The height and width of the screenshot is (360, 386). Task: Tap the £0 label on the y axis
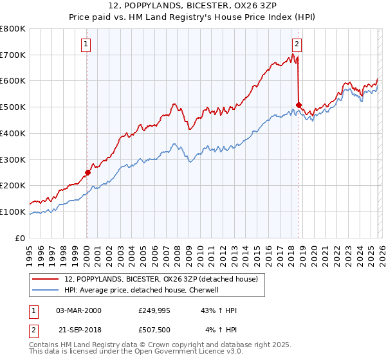pyautogui.click(x=21, y=238)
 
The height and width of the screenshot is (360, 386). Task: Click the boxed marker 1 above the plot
pyautogui.click(x=86, y=44)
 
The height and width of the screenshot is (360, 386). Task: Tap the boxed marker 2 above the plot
pyautogui.click(x=297, y=44)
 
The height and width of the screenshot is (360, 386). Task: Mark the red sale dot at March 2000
pyautogui.click(x=88, y=172)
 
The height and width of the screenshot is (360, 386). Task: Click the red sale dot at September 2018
pyautogui.click(x=299, y=105)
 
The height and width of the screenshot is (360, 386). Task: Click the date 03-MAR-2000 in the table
pyautogui.click(x=78, y=310)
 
